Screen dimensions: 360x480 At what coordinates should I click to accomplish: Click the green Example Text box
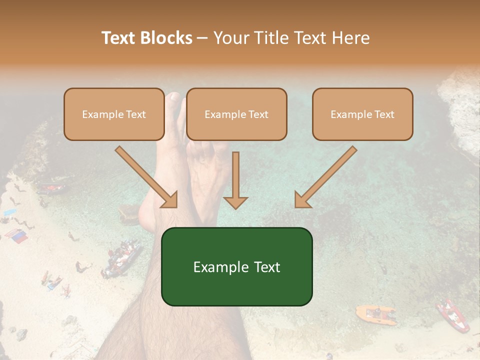[x=236, y=266]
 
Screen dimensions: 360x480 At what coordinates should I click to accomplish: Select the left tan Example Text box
[x=114, y=114]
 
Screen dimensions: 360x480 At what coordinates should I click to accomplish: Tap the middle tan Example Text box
[x=236, y=114]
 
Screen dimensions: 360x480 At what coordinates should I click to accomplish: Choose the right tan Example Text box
[x=362, y=114]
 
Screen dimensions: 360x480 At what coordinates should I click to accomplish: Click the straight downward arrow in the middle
[x=235, y=180]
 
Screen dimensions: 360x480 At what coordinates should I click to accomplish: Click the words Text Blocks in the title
[x=146, y=38]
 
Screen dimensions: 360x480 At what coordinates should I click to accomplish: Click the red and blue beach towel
[x=16, y=235]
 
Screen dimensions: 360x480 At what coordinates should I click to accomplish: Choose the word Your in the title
[x=232, y=38]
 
